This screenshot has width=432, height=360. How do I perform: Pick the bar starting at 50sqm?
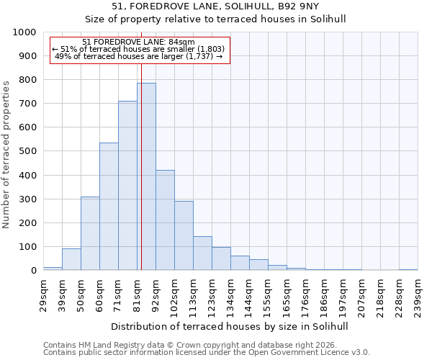tap(90, 233)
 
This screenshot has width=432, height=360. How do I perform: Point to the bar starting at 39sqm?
tap(71, 259)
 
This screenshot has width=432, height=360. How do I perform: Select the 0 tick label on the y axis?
tap(33, 271)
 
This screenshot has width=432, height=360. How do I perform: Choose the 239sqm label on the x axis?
tap(418, 293)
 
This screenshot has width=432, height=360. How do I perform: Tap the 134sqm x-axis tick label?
tap(230, 293)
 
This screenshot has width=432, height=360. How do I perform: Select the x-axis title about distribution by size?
tap(230, 326)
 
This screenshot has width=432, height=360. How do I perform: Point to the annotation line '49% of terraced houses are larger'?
tap(139, 56)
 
